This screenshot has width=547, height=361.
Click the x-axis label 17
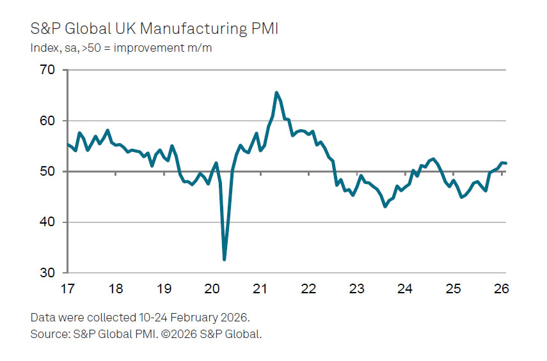click(67, 288)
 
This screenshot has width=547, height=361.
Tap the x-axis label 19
click(163, 288)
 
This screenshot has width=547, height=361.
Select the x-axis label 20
click(211, 288)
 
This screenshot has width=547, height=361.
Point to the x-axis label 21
click(260, 288)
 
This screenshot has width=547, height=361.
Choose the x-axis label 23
click(356, 288)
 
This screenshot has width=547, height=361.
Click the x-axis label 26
click(501, 288)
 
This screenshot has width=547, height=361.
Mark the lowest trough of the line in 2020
click(225, 259)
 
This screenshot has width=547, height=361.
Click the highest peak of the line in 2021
click(276, 93)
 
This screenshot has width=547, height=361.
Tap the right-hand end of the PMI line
click(506, 163)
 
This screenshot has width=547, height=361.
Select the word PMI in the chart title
click(264, 29)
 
